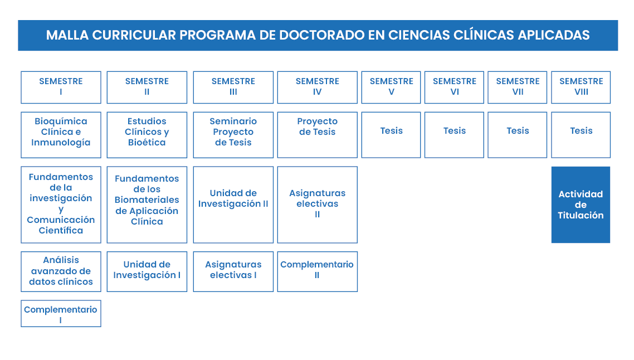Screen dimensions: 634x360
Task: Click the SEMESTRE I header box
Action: pos(61,87)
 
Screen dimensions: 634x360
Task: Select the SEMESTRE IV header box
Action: pos(318,87)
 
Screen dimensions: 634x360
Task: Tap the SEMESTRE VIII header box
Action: pos(581,87)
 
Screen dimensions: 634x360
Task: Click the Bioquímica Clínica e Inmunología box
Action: pos(61,135)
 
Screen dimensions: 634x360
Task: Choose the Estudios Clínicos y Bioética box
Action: pos(147,135)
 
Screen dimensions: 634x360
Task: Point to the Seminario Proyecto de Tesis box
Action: pos(233,135)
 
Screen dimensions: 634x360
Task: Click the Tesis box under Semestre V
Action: pos(391,135)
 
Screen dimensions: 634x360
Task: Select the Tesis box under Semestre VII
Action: pos(518,135)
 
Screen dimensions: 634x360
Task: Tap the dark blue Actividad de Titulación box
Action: pos(581,205)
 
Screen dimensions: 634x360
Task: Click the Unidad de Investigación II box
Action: pos(233,205)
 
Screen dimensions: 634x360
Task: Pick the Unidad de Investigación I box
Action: pos(147,271)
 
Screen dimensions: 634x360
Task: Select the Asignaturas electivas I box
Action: pos(233,271)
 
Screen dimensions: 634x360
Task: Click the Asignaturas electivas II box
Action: pos(318,205)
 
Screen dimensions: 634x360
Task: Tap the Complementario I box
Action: pos(61,314)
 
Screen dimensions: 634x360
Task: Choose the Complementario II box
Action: pos(318,271)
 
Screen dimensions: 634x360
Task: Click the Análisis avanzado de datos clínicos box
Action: pos(61,271)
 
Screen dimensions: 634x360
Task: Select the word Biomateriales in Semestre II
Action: pos(147,200)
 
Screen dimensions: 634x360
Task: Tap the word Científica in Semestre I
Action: pos(61,230)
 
